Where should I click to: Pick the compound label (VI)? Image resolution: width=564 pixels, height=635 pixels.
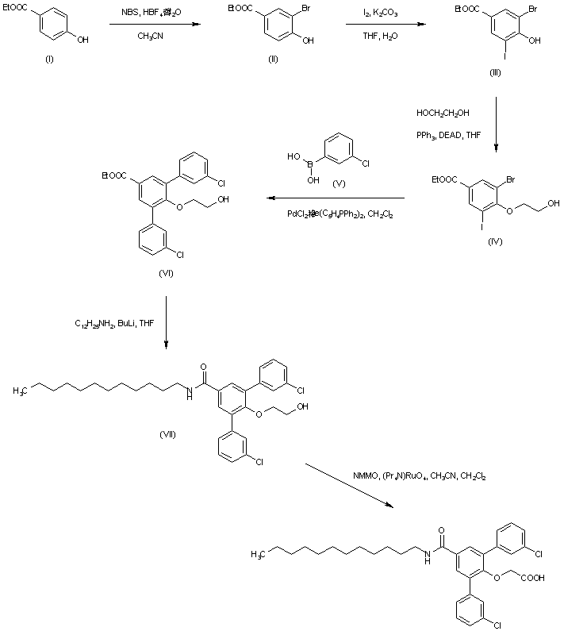click(165, 272)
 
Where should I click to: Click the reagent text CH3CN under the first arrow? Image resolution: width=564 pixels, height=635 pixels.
click(151, 37)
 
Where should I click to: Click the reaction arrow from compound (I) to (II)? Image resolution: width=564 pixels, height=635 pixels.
click(153, 25)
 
